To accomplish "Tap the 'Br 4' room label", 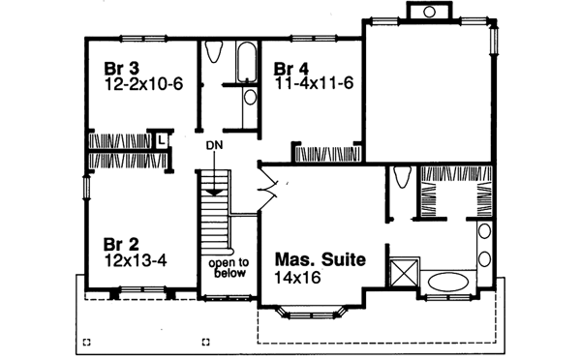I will click(x=290, y=69).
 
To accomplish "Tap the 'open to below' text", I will click(x=229, y=267).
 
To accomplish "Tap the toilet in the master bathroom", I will click(x=403, y=179).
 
